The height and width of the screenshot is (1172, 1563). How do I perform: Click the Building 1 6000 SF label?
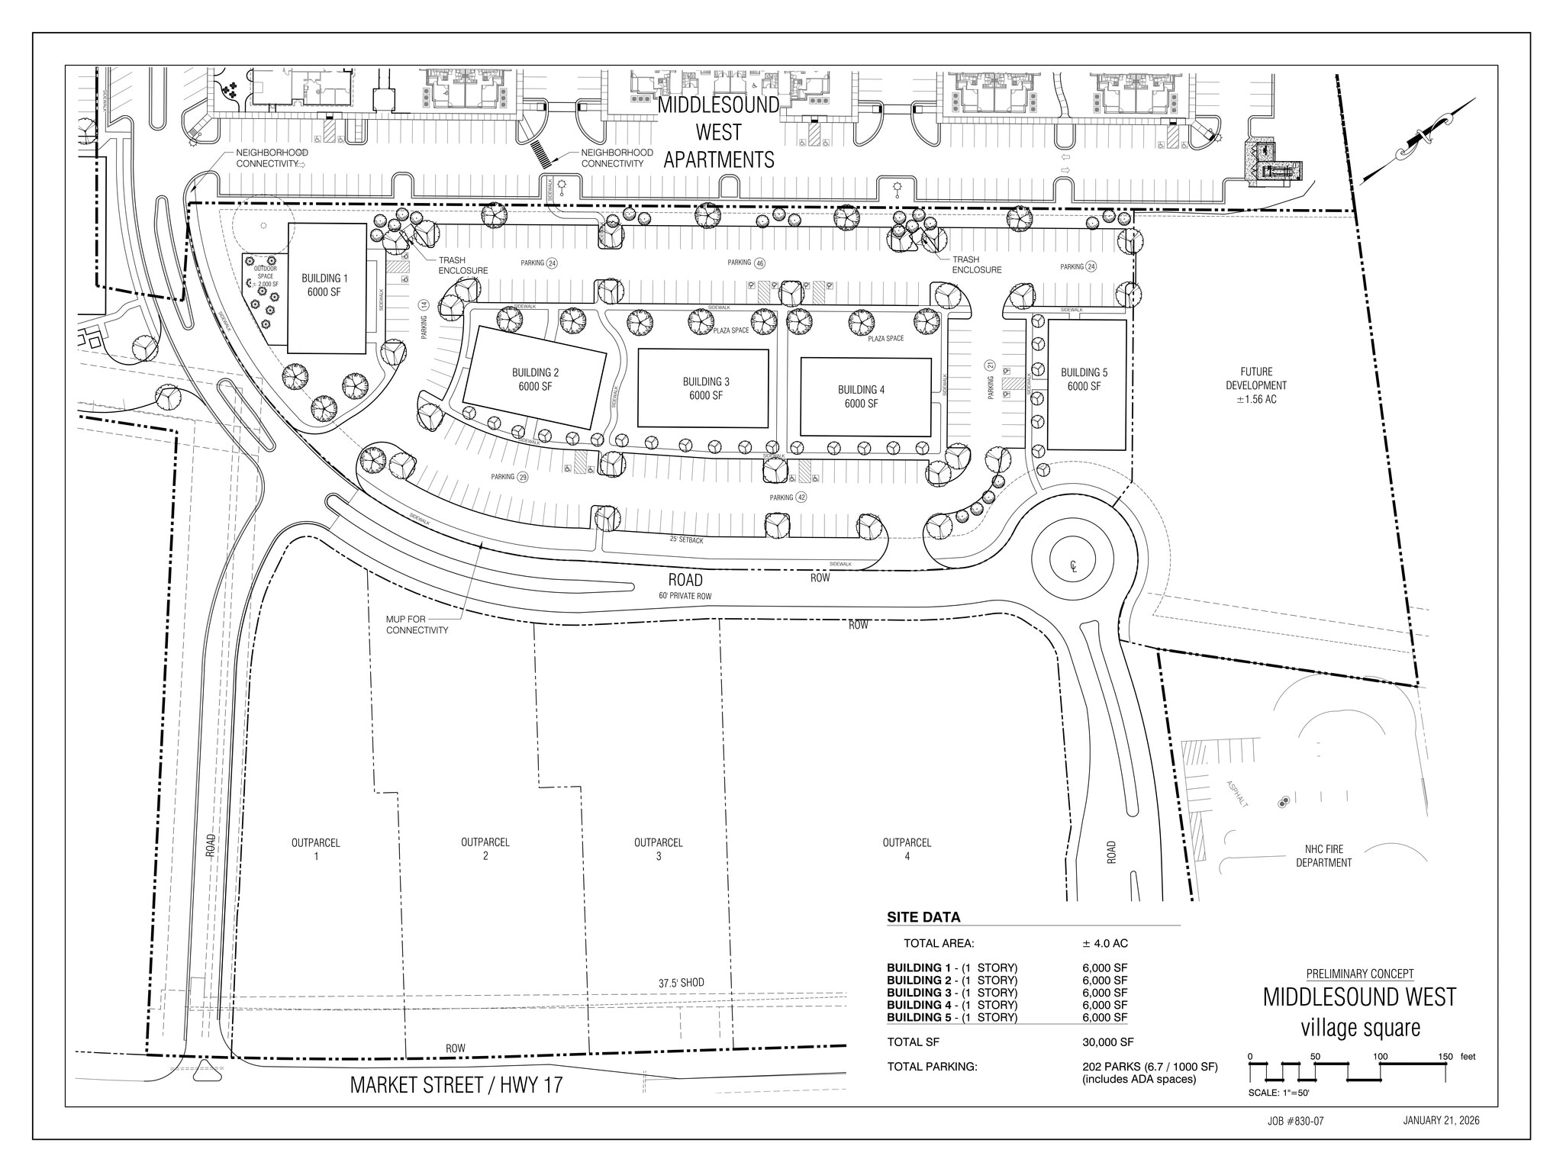324,285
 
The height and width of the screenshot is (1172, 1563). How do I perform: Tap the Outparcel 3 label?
658,849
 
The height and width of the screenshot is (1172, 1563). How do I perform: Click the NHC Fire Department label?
1323,856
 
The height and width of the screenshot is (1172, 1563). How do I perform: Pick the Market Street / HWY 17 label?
456,1085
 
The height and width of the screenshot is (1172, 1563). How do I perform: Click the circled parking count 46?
759,263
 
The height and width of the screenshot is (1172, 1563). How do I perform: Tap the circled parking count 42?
801,497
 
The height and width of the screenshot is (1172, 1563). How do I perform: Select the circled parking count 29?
522,477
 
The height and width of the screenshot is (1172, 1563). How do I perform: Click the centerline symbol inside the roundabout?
1073,566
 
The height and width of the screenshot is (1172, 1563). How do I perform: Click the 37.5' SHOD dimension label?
681,983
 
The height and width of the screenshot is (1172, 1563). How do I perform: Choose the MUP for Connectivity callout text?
417,625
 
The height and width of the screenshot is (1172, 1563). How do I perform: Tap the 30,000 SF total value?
1107,1042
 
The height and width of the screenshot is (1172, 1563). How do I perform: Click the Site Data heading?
923,918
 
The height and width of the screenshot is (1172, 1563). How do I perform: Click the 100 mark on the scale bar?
1380,1057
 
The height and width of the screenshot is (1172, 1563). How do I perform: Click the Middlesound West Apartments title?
719,132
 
